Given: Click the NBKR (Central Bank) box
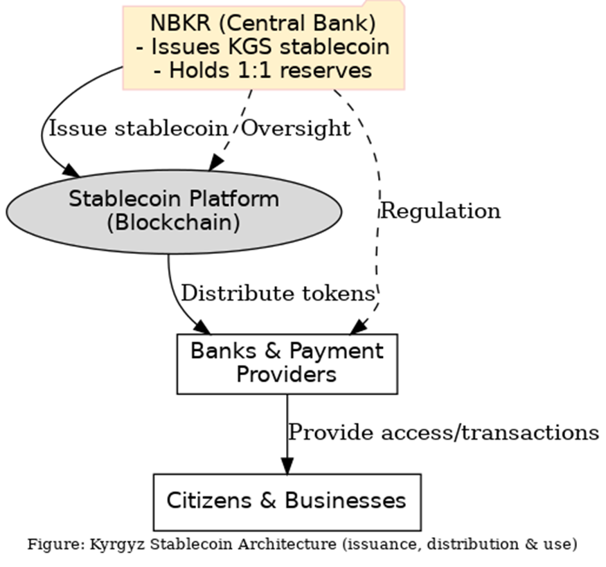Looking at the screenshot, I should pyautogui.click(x=263, y=46).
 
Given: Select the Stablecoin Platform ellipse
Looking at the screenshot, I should pyautogui.click(x=173, y=210).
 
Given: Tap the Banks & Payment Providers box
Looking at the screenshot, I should pyautogui.click(x=287, y=363).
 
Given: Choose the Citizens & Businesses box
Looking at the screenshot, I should pyautogui.click(x=287, y=501).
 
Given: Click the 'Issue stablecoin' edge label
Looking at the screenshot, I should pyautogui.click(x=137, y=128).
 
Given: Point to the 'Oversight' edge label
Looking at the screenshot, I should pyautogui.click(x=296, y=128).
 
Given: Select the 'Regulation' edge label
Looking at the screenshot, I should pyautogui.click(x=441, y=210).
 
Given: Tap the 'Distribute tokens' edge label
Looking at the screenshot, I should pyautogui.click(x=277, y=294).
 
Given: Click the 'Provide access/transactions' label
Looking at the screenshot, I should pyautogui.click(x=443, y=432).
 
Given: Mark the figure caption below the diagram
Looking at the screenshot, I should pyautogui.click(x=302, y=544).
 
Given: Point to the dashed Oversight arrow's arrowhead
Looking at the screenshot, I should pyautogui.click(x=216, y=162).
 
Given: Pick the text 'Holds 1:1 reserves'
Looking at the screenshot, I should pyautogui.click(x=263, y=70).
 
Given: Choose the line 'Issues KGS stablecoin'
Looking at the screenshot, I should pyautogui.click(x=263, y=47).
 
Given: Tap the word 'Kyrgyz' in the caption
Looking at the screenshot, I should pyautogui.click(x=114, y=544).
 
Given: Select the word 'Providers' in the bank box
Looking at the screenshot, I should pyautogui.click(x=287, y=375).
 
